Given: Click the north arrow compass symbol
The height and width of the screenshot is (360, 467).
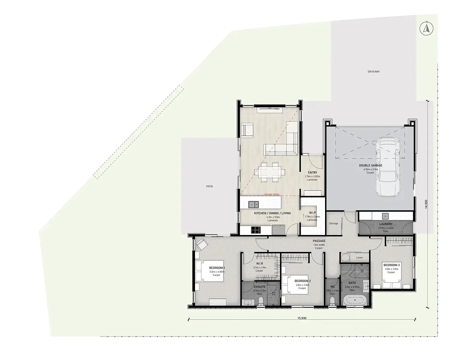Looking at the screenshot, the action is [x=426, y=28].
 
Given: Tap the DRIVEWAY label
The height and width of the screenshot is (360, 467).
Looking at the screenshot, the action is [x=374, y=72].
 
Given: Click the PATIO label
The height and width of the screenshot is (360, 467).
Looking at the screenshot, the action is [x=210, y=186].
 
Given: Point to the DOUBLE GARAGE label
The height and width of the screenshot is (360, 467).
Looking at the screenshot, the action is [x=371, y=165].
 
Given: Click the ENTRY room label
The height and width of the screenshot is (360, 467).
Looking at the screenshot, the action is [x=313, y=172].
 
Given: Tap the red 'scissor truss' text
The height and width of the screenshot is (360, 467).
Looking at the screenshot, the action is [x=272, y=194].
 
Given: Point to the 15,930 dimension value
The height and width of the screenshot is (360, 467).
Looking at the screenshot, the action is [x=302, y=318].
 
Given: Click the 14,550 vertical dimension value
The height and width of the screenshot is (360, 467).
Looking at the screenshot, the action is [x=426, y=204].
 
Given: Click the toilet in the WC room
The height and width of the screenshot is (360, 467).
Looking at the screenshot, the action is [x=332, y=301].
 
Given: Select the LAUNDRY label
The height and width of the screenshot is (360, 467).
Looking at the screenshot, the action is [x=386, y=224].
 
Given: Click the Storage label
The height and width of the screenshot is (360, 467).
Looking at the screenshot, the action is [x=334, y=223].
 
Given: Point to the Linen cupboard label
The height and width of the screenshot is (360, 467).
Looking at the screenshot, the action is [x=359, y=257].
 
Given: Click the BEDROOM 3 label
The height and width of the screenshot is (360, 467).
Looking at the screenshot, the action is [x=392, y=265].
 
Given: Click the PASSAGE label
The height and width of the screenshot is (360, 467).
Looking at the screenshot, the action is [x=319, y=241].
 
